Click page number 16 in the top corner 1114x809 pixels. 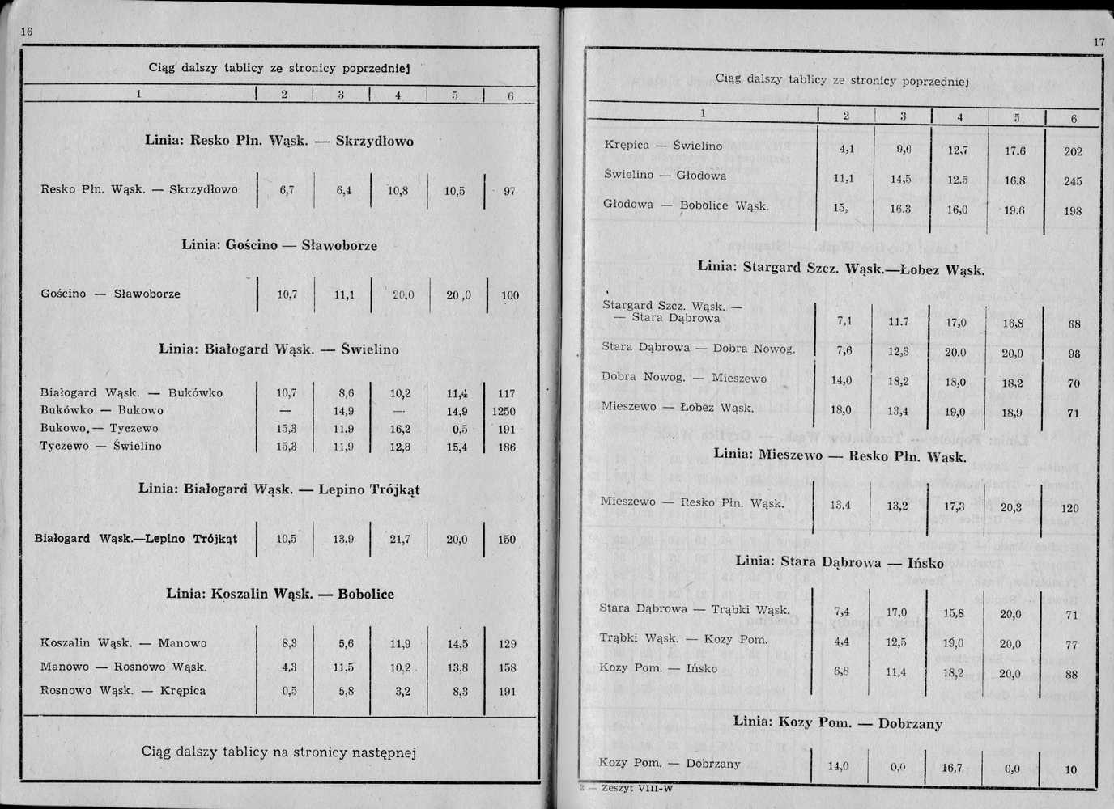pyautogui.click(x=26, y=32)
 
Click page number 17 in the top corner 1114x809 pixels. pyautogui.click(x=1099, y=42)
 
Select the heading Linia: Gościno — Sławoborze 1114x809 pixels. pyautogui.click(x=279, y=245)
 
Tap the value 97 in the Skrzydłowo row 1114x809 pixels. pyautogui.click(x=509, y=192)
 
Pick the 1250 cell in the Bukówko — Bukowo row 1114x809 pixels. pyautogui.click(x=504, y=411)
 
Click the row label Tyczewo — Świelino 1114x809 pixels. pyautogui.click(x=101, y=446)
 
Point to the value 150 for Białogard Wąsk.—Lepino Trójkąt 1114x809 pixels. pyautogui.click(x=507, y=540)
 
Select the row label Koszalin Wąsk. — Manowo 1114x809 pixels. pyautogui.click(x=124, y=643)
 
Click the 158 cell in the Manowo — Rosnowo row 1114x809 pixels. pyautogui.click(x=507, y=668)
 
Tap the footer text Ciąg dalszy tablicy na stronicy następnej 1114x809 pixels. pyautogui.click(x=278, y=752)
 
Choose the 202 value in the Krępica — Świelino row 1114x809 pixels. pyautogui.click(x=1074, y=151)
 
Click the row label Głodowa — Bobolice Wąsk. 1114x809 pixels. pyautogui.click(x=686, y=205)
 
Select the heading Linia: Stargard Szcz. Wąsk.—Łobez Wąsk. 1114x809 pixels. pyautogui.click(x=841, y=268)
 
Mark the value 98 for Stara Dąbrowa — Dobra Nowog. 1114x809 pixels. pyautogui.click(x=1074, y=354)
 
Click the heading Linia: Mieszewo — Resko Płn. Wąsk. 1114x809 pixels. pyautogui.click(x=840, y=455)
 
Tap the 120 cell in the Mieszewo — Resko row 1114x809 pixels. pyautogui.click(x=1070, y=508)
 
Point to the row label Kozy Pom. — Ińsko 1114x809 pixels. pyautogui.click(x=657, y=668)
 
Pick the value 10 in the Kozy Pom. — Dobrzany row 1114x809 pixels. pyautogui.click(x=1070, y=769)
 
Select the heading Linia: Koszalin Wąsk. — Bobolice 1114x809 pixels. pyautogui.click(x=280, y=594)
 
